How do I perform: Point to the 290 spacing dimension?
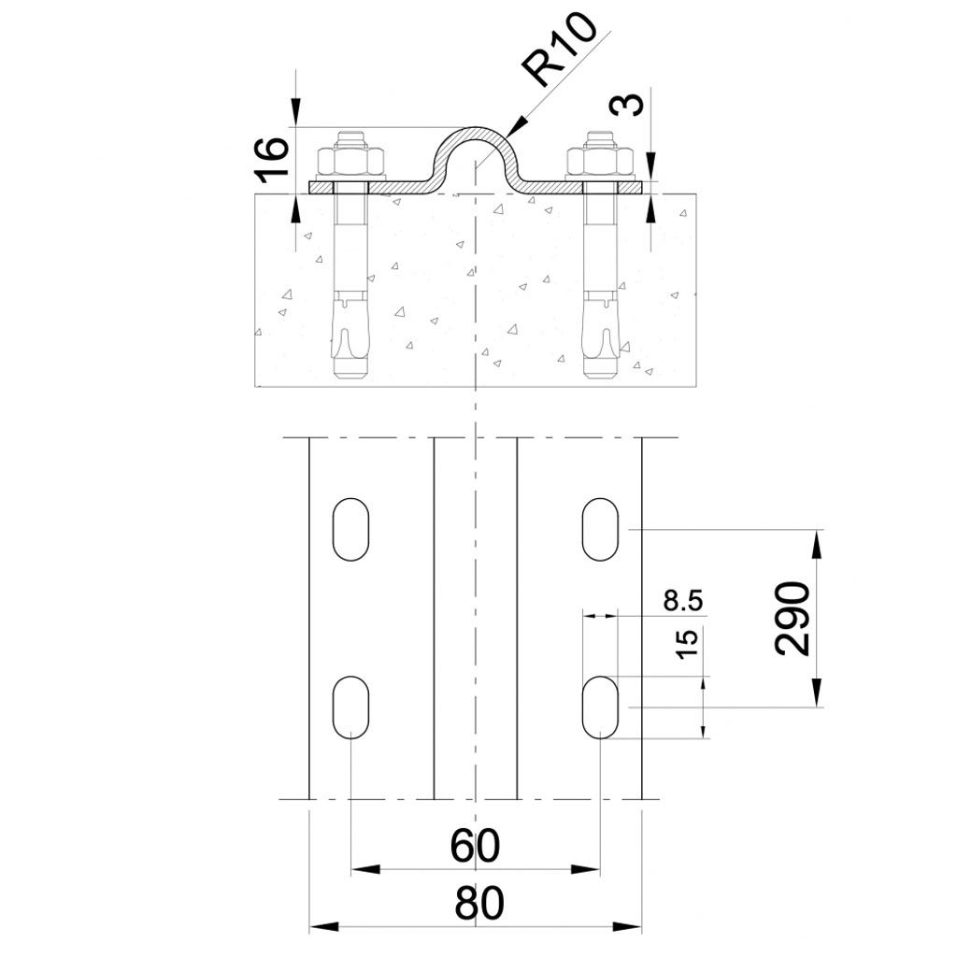793,618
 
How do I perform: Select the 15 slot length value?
687,644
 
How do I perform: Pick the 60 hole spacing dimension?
475,846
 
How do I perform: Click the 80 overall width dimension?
479,904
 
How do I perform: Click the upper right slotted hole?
601,529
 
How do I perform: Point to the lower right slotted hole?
601,707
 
